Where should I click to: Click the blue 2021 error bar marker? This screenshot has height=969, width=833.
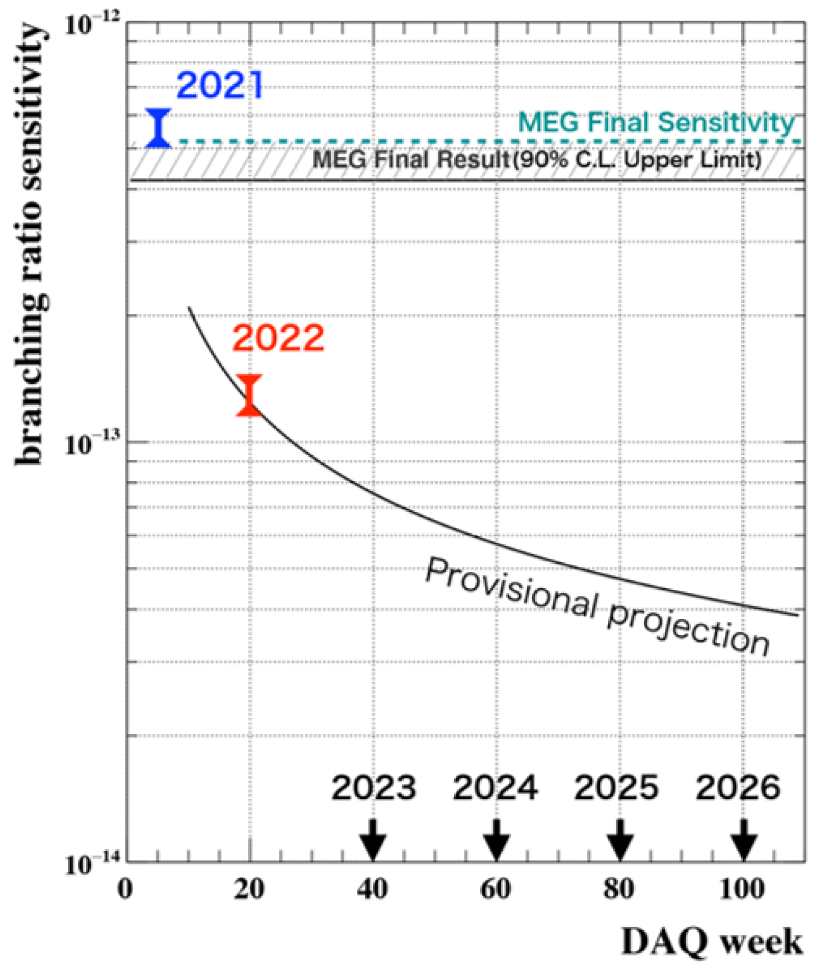(158, 128)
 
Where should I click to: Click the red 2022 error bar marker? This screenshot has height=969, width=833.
(249, 395)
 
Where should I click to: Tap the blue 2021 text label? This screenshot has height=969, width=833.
(220, 86)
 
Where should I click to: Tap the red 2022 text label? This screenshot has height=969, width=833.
(278, 338)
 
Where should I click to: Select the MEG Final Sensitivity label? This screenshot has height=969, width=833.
(656, 123)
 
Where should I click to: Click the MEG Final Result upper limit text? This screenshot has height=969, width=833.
(536, 160)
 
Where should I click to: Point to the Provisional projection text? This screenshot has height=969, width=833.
(596, 606)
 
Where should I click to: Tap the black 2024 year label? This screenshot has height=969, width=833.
(495, 788)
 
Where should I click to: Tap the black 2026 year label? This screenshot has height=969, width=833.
(738, 788)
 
